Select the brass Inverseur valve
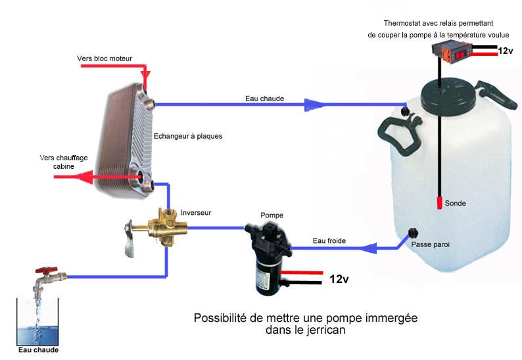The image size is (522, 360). [x=168, y=226]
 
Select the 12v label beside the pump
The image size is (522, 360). [x=339, y=279]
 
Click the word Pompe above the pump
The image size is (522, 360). [x=272, y=215]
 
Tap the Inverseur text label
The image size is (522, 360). [x=196, y=212]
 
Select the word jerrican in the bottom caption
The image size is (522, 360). [x=325, y=330]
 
